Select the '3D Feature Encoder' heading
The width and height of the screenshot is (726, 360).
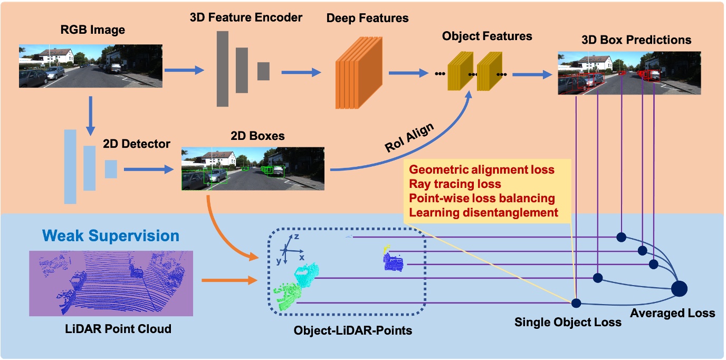pyautogui.click(x=246, y=17)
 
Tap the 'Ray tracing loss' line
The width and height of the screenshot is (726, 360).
pyautogui.click(x=455, y=184)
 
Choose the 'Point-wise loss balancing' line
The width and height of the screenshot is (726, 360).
pyautogui.click(x=482, y=198)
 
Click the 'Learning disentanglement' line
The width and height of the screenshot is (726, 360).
pyautogui.click(x=483, y=213)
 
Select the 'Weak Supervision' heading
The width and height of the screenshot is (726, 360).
pyautogui.click(x=111, y=235)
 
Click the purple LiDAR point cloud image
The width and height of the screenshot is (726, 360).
pyautogui.click(x=111, y=283)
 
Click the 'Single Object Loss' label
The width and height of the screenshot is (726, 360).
pyautogui.click(x=568, y=321)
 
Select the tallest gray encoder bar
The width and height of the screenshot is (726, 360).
pyautogui.click(x=222, y=68)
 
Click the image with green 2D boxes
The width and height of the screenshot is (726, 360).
pyautogui.click(x=253, y=169)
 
